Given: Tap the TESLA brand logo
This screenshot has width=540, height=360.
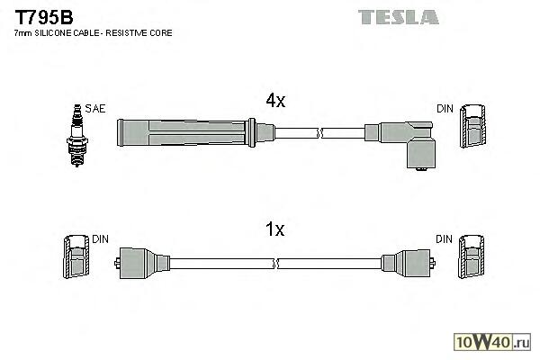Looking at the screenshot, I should [x=398, y=16].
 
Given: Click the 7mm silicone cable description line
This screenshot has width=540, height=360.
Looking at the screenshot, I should [x=94, y=33].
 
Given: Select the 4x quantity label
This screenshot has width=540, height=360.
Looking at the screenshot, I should [x=275, y=102].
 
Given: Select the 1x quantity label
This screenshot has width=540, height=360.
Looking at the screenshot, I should [x=275, y=230].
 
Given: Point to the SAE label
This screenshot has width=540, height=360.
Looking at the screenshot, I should [x=95, y=109].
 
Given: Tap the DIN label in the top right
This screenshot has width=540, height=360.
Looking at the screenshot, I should [x=445, y=109].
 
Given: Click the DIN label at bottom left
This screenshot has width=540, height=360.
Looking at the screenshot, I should [x=99, y=238].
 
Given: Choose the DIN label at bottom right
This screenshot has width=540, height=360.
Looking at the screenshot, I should [x=445, y=238].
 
